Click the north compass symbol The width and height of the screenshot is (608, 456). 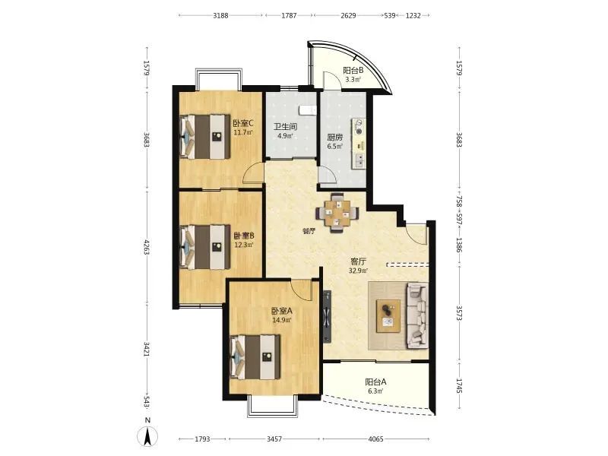(147, 435)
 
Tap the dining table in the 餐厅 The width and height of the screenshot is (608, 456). (337, 213)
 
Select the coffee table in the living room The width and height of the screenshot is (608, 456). (388, 316)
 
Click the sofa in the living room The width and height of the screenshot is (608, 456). (416, 315)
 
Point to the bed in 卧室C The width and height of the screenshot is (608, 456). (204, 137)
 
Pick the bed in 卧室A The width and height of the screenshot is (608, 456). (255, 357)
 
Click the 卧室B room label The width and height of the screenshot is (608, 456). (244, 236)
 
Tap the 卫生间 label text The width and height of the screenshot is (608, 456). (286, 127)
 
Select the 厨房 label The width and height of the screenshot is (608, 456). (335, 138)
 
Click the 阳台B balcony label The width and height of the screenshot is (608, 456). (353, 71)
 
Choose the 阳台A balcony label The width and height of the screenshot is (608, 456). (375, 382)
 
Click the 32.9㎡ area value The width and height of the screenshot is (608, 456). (358, 271)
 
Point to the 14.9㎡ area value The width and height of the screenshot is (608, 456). (282, 320)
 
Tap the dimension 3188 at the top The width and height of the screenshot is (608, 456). (220, 15)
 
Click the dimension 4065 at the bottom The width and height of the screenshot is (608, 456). (375, 439)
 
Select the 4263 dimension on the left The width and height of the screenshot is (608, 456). (147, 247)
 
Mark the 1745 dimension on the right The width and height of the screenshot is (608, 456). (459, 386)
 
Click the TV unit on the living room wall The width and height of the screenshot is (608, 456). (328, 316)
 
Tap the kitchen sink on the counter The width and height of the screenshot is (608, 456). (359, 160)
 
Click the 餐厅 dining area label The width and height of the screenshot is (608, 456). (309, 232)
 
